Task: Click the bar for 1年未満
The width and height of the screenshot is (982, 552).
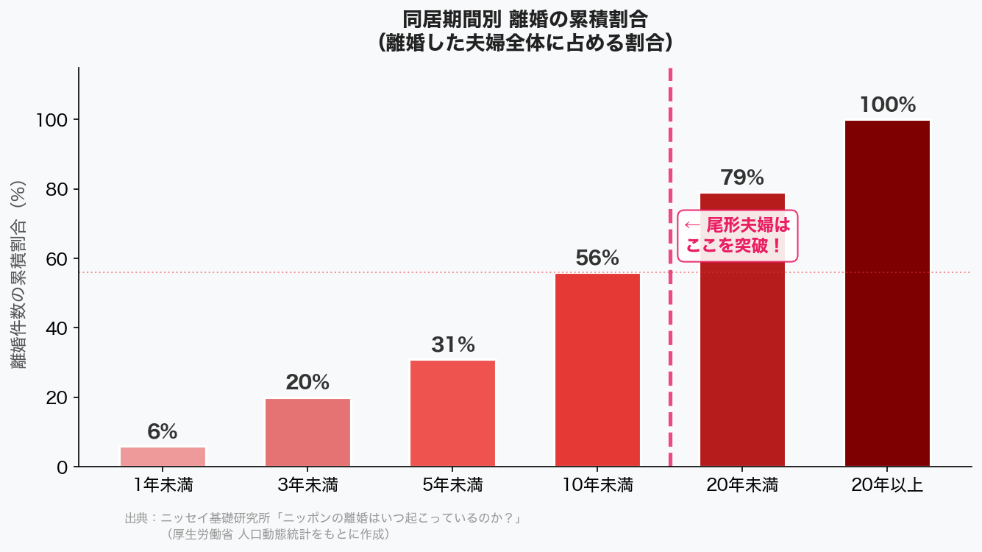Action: pyautogui.click(x=163, y=456)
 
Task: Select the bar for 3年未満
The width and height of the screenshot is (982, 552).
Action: pyautogui.click(x=307, y=432)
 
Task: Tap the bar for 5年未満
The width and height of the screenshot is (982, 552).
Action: pyautogui.click(x=452, y=413)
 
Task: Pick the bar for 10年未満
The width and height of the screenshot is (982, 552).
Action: pyautogui.click(x=597, y=369)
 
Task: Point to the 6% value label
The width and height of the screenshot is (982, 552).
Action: pyautogui.click(x=163, y=432)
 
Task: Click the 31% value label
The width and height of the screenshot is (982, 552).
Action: pyautogui.click(x=452, y=344)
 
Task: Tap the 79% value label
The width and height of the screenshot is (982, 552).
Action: pyautogui.click(x=742, y=177)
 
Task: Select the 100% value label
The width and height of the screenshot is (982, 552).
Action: pyautogui.click(x=887, y=105)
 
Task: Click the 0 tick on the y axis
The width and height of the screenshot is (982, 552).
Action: pyautogui.click(x=61, y=467)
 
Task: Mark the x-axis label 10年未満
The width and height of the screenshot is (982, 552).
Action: pyautogui.click(x=597, y=486)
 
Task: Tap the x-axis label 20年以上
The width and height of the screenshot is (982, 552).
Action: pyautogui.click(x=887, y=486)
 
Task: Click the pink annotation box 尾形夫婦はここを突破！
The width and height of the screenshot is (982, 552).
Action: pyautogui.click(x=737, y=235)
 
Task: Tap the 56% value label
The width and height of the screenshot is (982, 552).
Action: pyautogui.click(x=597, y=258)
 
